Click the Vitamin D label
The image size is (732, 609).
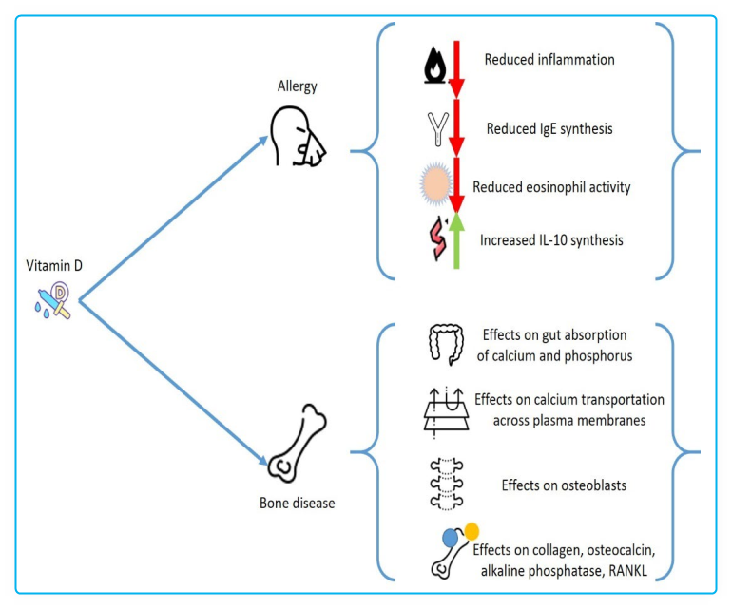coord(54,266)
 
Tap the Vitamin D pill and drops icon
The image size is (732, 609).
coord(52,299)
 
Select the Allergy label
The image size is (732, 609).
coord(297,86)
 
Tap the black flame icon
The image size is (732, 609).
coord(436,64)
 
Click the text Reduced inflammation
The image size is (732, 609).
coord(549,60)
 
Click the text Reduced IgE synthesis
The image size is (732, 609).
coord(549,128)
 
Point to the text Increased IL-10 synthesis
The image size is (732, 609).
coord(551,240)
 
